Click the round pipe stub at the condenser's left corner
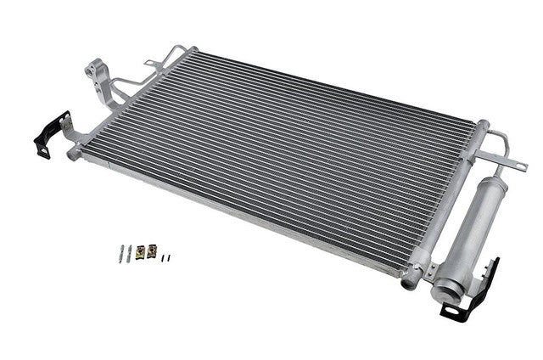[74, 153]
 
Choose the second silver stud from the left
[129, 252]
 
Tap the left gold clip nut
[141, 250]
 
